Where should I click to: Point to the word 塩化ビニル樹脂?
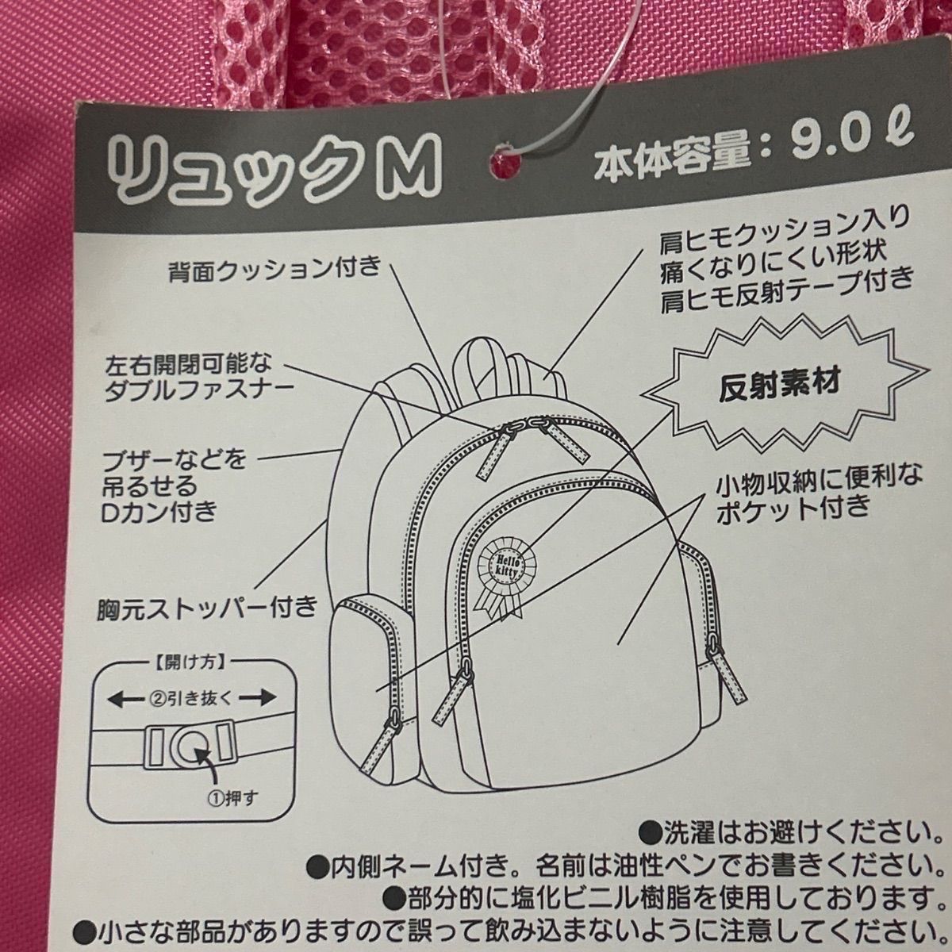coord(539,897)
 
